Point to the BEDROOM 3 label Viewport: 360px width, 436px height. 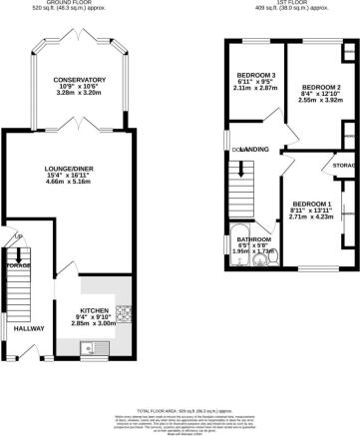[255, 76]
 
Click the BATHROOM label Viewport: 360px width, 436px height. [255, 239]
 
